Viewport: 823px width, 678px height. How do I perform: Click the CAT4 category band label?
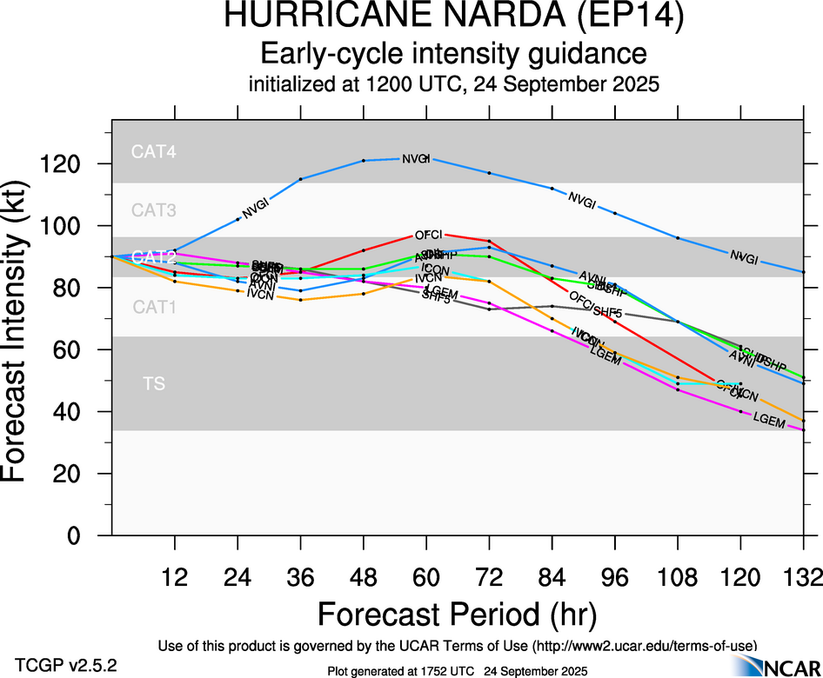pos(154,151)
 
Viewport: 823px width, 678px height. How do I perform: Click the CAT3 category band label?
pos(154,209)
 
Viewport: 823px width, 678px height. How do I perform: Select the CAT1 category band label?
pos(154,307)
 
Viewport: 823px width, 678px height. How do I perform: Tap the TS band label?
pos(154,382)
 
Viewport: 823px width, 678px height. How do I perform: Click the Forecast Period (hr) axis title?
pos(457,614)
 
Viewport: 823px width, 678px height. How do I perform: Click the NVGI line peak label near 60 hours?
pos(416,158)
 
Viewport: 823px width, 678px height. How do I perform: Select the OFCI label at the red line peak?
pos(428,236)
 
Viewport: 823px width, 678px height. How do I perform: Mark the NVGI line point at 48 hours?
pos(364,161)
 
